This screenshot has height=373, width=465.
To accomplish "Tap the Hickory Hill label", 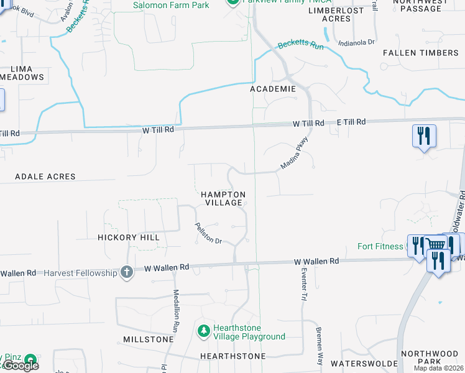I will [129, 237].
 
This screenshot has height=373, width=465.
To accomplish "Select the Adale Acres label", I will [45, 177].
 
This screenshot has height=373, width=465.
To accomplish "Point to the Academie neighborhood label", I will [273, 89].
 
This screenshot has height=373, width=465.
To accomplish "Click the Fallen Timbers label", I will [421, 53].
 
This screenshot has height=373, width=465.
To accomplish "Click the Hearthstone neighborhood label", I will [233, 356].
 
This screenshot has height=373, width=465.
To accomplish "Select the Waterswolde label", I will [364, 362].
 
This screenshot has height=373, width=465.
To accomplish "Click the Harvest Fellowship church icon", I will [127, 272].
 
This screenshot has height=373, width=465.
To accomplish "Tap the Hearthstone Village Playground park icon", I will [203, 331].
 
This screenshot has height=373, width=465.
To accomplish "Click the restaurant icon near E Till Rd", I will [423, 136].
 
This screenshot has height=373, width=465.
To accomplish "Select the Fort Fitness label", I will [380, 246].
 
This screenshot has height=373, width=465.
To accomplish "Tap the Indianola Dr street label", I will [357, 43].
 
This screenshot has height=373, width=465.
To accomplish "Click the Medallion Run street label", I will [176, 308].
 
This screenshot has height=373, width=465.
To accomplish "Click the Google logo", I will [21, 366].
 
